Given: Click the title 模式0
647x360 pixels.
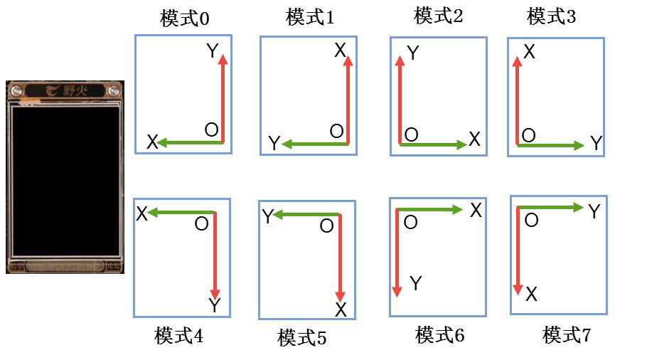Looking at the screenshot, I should [x=185, y=18].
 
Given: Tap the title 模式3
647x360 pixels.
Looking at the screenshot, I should [x=552, y=16].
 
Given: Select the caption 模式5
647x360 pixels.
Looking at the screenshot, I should [x=302, y=337].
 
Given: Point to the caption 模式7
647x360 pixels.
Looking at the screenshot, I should [x=567, y=334].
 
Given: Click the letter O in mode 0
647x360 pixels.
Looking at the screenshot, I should [x=211, y=130].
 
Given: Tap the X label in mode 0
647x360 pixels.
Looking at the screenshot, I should [x=152, y=142].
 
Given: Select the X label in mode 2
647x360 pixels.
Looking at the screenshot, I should [x=474, y=139].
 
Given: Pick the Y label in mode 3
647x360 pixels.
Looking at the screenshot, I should [x=596, y=145].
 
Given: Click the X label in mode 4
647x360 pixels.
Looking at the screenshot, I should [x=141, y=213].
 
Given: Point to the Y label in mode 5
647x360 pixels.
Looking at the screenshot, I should [x=267, y=217].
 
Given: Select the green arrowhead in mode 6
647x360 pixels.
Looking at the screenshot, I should [x=459, y=209].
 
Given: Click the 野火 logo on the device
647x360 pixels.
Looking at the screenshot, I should [x=65, y=90].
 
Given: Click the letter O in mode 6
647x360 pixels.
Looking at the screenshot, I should [x=410, y=223].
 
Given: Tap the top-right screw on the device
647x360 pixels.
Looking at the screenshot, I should [x=113, y=90].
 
